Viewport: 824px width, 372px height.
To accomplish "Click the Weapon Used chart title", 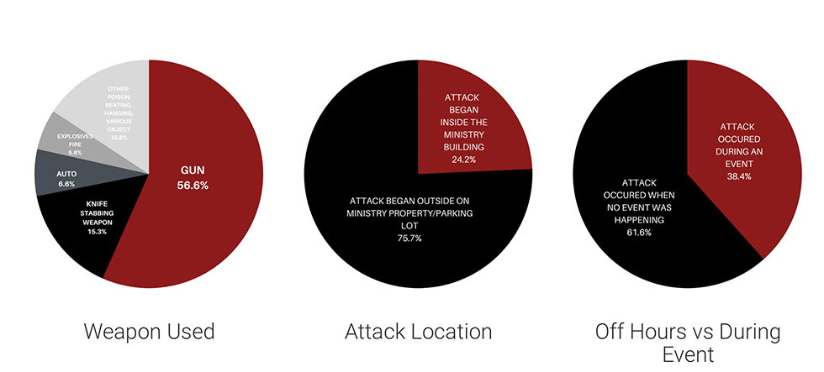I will pos(150,332).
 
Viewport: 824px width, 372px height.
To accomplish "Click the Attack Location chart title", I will pos(418,332).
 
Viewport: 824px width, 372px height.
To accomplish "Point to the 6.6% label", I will pos(66,183).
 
